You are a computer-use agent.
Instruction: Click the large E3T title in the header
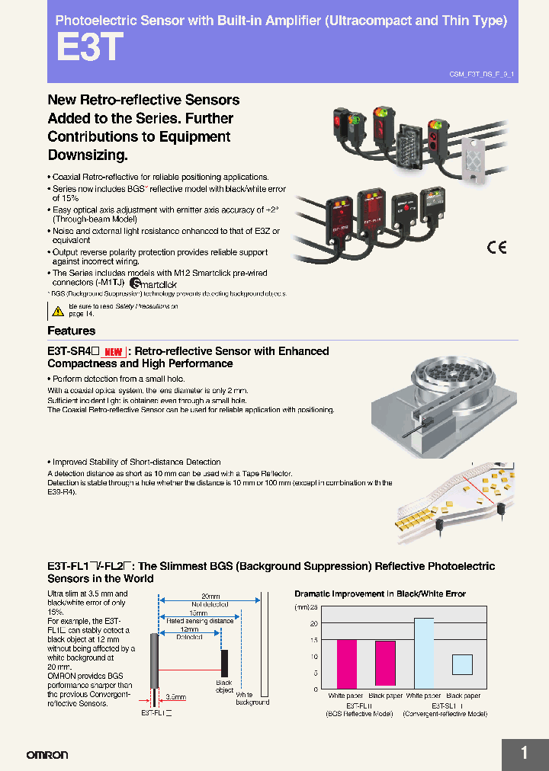(x=89, y=49)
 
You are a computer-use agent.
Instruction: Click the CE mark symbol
(x=496, y=247)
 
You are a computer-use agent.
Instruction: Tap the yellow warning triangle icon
(x=58, y=310)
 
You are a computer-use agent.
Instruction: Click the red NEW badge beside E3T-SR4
(x=113, y=352)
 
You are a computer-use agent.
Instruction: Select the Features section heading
(x=72, y=331)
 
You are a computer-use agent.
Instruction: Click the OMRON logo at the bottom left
(x=47, y=754)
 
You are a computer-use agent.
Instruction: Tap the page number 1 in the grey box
(x=524, y=753)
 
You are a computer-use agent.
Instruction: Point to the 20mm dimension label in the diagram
(x=210, y=596)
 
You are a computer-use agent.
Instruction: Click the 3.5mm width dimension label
(x=176, y=696)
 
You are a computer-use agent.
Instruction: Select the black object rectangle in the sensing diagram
(x=224, y=661)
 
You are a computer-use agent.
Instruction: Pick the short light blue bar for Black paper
(x=462, y=664)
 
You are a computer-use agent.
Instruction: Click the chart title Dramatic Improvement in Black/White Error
(x=380, y=593)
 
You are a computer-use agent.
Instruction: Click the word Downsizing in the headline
(x=88, y=155)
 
